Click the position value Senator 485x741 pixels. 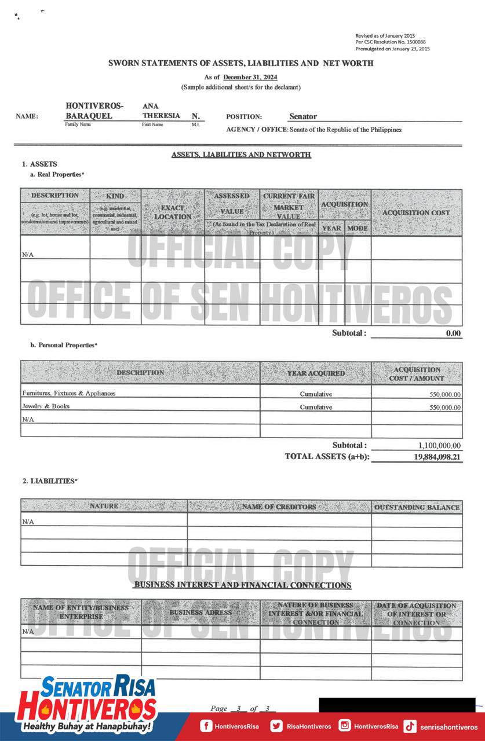pyautogui.click(x=302, y=117)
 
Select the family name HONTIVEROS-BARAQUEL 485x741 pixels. pyautogui.click(x=94, y=111)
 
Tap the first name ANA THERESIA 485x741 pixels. pyautogui.click(x=161, y=111)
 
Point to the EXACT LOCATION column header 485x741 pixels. pyautogui.click(x=173, y=212)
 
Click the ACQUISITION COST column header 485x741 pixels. pyautogui.click(x=416, y=212)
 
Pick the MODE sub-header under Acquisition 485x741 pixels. pyautogui.click(x=358, y=228)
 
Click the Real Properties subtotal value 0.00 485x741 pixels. pyautogui.click(x=453, y=333)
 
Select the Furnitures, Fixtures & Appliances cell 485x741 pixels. pyautogui.click(x=69, y=393)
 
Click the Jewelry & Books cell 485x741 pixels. pyautogui.click(x=46, y=406)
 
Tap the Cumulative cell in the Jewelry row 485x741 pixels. pyautogui.click(x=316, y=407)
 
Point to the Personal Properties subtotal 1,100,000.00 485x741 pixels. pyautogui.click(x=439, y=446)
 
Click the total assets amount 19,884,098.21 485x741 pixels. pyautogui.click(x=437, y=457)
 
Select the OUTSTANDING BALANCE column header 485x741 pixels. pyautogui.click(x=417, y=508)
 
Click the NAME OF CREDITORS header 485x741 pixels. pyautogui.click(x=279, y=507)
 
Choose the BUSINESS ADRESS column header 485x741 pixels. pyautogui.click(x=200, y=612)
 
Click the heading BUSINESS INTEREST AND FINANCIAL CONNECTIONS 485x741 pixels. pyautogui.click(x=242, y=585)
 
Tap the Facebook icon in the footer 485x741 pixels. pyautogui.click(x=206, y=726)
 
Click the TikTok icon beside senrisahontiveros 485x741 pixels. pyautogui.click(x=410, y=727)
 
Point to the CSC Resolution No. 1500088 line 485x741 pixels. pyautogui.click(x=391, y=42)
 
